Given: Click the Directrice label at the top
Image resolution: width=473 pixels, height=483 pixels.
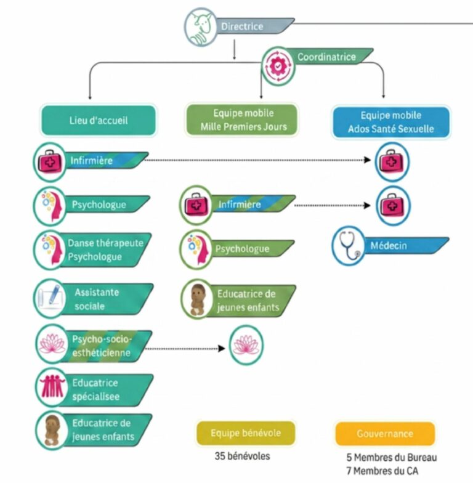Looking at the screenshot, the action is (x=242, y=26).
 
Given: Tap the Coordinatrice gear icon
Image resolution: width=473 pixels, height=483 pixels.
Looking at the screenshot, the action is (x=278, y=67).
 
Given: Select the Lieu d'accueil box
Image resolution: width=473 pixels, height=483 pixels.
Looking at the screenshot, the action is (x=99, y=120).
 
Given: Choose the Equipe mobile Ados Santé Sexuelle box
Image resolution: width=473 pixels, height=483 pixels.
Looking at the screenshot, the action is (x=390, y=122).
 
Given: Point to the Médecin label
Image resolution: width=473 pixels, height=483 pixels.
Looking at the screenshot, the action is (x=389, y=246).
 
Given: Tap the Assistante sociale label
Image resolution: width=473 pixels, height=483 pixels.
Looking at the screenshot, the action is (x=97, y=299).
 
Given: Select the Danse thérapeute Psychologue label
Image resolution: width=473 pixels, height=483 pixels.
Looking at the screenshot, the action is (x=105, y=250).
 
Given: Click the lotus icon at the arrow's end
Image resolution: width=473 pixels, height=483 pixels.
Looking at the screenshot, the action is (x=246, y=345).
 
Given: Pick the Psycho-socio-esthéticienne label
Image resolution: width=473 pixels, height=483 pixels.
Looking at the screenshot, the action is (x=102, y=346).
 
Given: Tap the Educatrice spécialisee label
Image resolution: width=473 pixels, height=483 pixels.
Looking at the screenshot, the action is (x=95, y=389).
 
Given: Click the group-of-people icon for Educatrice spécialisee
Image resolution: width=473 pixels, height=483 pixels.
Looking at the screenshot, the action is (x=52, y=387).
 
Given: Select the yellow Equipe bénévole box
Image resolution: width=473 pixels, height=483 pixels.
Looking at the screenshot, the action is (x=246, y=433).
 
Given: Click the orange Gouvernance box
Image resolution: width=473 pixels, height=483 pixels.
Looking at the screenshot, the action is (x=385, y=434).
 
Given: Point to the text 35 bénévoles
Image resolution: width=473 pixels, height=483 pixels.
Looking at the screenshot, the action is (x=243, y=456).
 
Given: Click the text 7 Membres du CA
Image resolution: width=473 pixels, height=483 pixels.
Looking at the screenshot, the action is (x=382, y=471).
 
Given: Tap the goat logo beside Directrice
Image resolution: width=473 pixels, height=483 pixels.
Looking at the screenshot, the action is (x=201, y=27).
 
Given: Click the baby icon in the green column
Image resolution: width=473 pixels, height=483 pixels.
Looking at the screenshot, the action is (x=197, y=299).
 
